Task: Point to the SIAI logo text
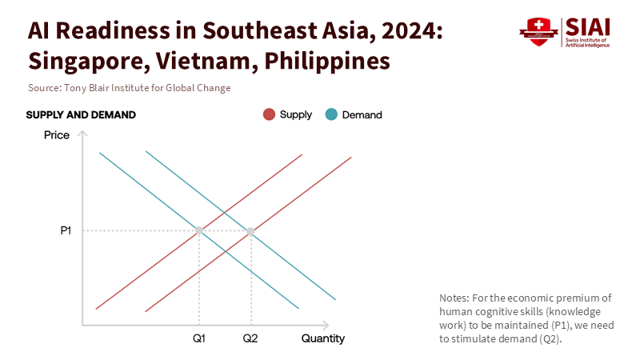[587, 26]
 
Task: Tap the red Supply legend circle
[269, 114]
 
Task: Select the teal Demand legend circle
[331, 114]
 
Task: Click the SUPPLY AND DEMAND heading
[81, 114]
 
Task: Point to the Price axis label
[57, 134]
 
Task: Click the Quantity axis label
[323, 338]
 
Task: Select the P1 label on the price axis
[66, 231]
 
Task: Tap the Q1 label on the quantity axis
[199, 338]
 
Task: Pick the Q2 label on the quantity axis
[250, 338]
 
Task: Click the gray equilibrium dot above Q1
[199, 231]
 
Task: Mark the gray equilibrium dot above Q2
[250, 231]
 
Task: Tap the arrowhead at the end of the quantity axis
[325, 326]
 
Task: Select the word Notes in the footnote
[454, 298]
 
